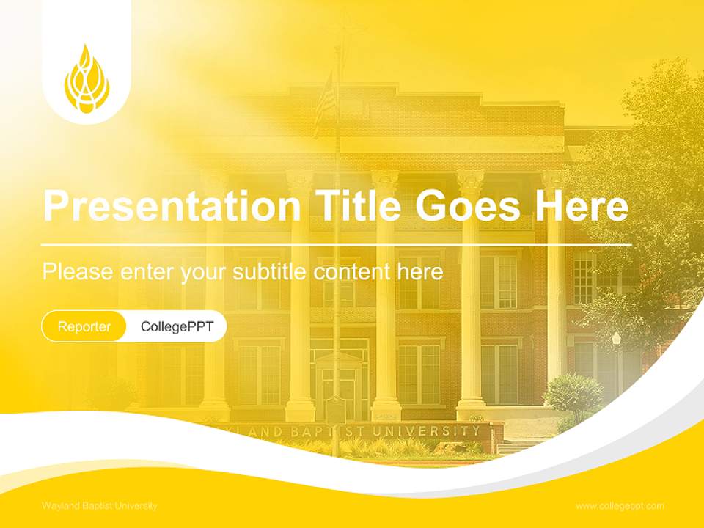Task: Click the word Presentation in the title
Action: (x=172, y=206)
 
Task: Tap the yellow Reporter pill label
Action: (x=84, y=326)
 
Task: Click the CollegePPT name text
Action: (x=177, y=326)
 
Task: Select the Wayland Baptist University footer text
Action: (x=100, y=506)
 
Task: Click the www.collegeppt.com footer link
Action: (x=620, y=506)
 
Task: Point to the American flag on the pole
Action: (x=324, y=103)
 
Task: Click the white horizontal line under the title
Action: (x=336, y=244)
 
